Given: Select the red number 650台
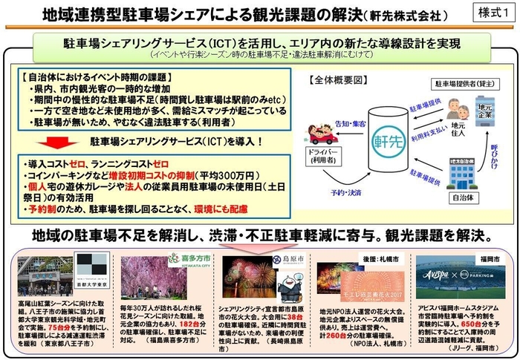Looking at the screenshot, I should [x=454, y=324].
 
